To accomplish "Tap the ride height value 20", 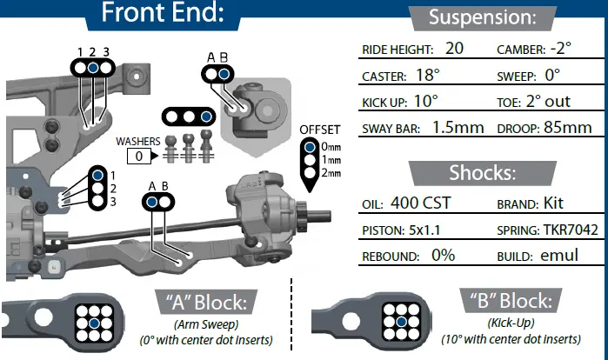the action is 454,49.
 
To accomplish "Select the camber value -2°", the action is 561,48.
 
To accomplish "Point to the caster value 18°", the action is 428,75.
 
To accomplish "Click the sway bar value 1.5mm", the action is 458,128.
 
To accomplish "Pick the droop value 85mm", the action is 568,128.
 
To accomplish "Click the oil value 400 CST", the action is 421,203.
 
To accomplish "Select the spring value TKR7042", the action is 571,230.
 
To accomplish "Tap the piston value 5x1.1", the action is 424,230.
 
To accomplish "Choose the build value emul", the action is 559,256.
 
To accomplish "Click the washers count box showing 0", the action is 139,157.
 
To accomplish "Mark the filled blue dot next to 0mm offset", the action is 310,147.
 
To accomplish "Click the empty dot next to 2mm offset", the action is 310,173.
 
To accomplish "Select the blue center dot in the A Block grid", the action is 94,323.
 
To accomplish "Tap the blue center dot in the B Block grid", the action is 401,322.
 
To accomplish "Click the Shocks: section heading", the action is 483,173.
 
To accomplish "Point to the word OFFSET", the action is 320,130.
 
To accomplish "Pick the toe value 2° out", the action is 548,101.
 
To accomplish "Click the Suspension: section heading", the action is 483,17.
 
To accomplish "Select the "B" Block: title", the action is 511,301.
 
